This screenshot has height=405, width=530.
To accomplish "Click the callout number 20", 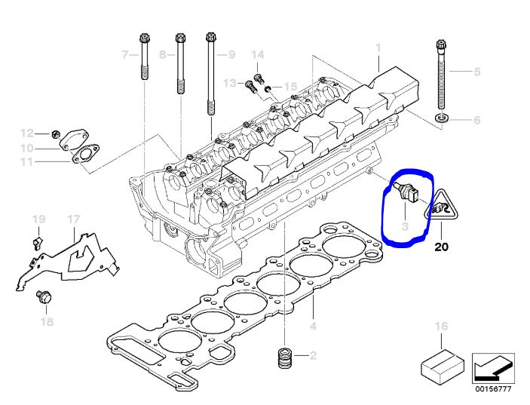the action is point(441,247).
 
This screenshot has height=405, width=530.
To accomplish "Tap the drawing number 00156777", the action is point(494,389).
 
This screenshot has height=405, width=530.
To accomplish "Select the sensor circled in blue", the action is point(406,193).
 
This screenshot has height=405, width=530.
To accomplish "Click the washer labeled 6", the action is point(442,118).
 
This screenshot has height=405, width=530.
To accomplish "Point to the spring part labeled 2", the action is point(285,357).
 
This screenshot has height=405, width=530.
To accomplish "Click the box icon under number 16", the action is point(442,367).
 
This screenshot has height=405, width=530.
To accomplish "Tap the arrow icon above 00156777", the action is point(494,368).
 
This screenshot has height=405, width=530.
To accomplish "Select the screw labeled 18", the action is point(44,297).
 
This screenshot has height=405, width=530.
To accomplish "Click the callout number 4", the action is point(314,326).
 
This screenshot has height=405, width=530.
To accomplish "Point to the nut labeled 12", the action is point(56,134).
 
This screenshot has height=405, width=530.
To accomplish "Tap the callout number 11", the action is point(26,161).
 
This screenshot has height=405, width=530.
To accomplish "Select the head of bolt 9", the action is point(210,36).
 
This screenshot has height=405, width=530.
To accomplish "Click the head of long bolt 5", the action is point(441,44).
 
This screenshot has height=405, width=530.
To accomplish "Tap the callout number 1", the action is point(378,48).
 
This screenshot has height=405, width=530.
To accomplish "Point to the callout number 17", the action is point(73,219).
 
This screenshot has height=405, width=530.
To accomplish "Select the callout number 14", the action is point(258,55).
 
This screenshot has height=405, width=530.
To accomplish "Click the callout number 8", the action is point(163,54).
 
